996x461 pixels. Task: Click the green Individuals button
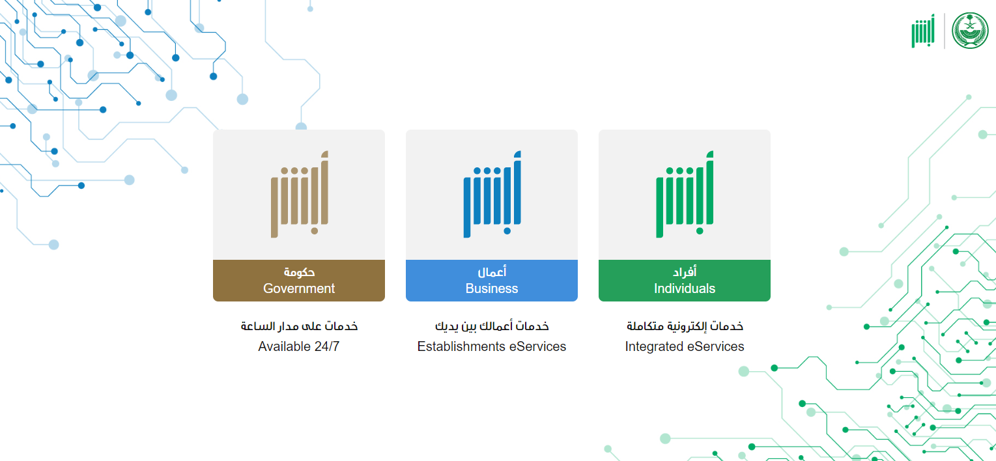pos(685,281)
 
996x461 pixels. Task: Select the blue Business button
pos(492,281)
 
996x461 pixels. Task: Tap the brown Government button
pos(299,281)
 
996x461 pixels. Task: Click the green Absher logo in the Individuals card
pos(685,194)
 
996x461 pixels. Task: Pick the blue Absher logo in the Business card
pos(492,194)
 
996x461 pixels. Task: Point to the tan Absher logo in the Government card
pos(300,194)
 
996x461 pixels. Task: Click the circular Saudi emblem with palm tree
pos(970,30)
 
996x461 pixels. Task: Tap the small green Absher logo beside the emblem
pos(923,31)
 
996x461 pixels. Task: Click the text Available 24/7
pos(299,346)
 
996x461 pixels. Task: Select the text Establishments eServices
pos(492,346)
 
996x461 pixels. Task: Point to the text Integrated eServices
pos(685,346)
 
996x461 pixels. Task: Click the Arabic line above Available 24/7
pos(299,326)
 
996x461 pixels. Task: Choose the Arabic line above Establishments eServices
pos(492,326)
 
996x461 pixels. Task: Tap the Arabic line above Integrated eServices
pos(685,326)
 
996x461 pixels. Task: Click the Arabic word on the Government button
pos(299,272)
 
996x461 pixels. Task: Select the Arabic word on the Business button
pos(492,271)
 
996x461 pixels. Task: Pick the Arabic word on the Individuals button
pos(685,271)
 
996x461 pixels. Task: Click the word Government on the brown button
pos(299,288)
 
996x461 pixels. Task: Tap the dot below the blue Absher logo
pos(507,230)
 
